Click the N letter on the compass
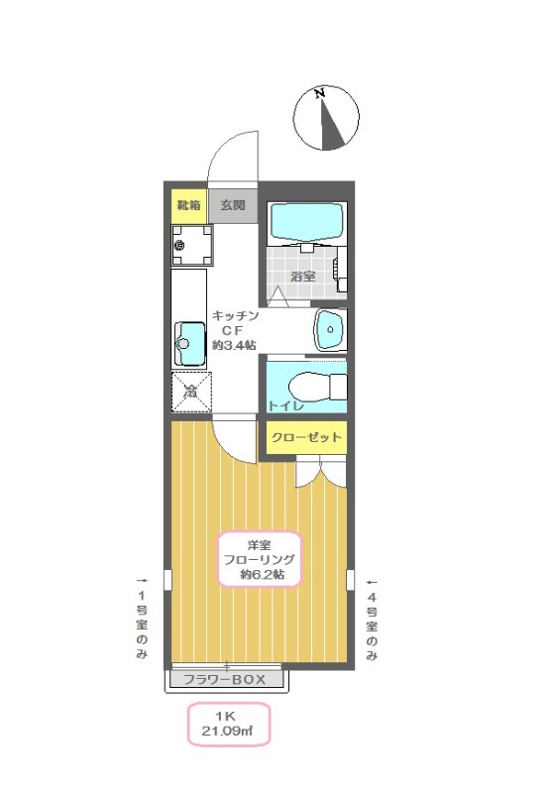pos(319,93)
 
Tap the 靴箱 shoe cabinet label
pos(188,205)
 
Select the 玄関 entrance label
pos(233,205)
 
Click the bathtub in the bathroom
pos(307,221)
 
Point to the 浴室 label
pos(303,277)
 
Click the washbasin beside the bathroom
pos(331,329)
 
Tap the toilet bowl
pos(317,388)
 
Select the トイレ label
pos(286,405)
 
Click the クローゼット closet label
pos(306,437)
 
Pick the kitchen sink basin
pos(190,344)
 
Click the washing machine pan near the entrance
pos(191,245)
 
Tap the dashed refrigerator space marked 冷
pos(191,392)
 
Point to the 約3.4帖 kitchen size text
pos(234,345)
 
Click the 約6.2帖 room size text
pos(262,574)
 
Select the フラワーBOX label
pos(224,679)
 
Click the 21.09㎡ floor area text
pos(228,731)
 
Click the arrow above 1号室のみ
pos(142,581)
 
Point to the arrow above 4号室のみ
pos(372,583)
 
